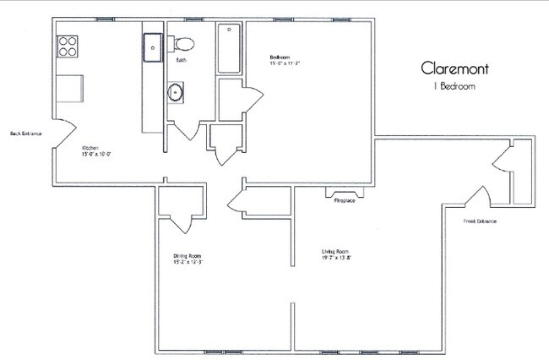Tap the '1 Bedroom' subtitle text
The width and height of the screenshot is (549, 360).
tap(454, 86)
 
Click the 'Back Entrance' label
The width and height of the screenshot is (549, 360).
tap(26, 134)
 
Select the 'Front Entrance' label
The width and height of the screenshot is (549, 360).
tap(480, 221)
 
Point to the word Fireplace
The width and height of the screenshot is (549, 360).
tap(344, 202)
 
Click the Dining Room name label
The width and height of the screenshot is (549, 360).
tap(188, 255)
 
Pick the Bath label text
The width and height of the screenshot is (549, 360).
tap(181, 61)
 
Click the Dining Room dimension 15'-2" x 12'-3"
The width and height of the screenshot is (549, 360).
tap(188, 263)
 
